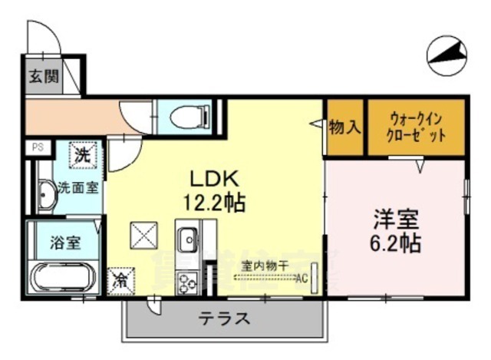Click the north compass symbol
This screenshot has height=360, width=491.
[x=448, y=55]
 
